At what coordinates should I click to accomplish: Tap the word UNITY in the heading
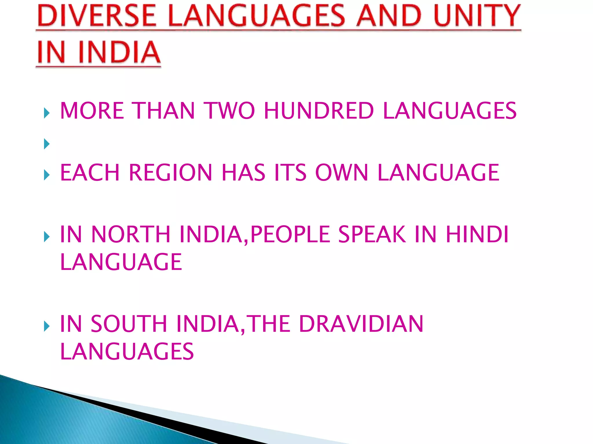click(477, 16)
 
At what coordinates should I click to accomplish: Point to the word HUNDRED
click(319, 111)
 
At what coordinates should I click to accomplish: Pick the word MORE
click(92, 111)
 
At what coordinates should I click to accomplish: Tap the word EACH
click(90, 173)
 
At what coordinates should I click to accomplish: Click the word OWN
click(341, 173)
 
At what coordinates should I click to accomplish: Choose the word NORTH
click(131, 234)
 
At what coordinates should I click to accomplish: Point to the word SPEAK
click(372, 234)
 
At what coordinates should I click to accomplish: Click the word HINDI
click(477, 234)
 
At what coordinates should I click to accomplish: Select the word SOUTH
click(129, 324)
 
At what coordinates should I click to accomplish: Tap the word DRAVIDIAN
click(361, 324)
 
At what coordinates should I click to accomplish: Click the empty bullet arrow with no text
click(47, 144)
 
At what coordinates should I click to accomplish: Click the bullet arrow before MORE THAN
click(47, 113)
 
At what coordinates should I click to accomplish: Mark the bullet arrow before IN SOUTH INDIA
click(47, 326)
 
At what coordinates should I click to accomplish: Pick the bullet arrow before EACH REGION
click(47, 175)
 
